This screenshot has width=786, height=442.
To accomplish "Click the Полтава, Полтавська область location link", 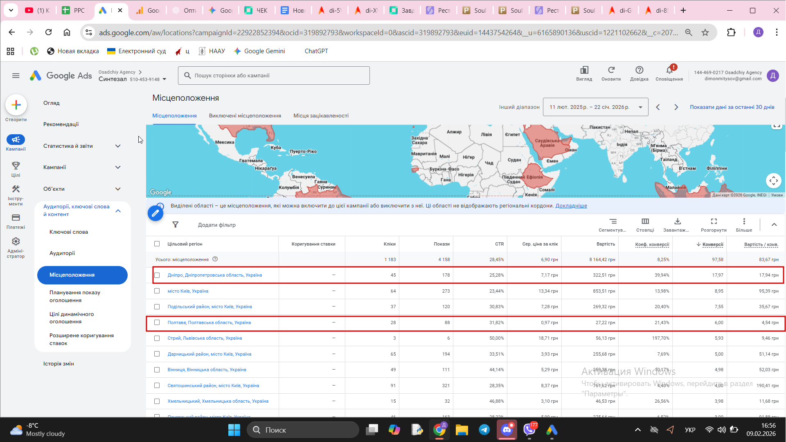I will (209, 322).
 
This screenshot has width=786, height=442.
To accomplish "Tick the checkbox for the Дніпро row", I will (157, 275).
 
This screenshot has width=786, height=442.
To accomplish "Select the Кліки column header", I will (389, 244).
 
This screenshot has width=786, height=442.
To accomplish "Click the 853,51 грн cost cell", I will (604, 291).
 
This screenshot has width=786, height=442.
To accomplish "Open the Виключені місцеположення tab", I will (245, 116).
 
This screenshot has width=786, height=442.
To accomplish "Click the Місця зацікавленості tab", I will (321, 116).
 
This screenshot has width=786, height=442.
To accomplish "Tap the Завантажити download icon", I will (677, 221).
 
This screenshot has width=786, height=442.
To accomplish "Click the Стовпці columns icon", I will (645, 221).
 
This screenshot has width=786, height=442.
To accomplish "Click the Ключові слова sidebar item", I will (69, 232).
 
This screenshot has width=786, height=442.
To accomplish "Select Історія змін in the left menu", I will (59, 363).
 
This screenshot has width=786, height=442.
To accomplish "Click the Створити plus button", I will (16, 105).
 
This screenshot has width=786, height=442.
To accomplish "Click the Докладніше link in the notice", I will (571, 206).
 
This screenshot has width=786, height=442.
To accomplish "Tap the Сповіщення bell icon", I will (669, 70).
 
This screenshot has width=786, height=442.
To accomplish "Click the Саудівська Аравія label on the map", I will (547, 143).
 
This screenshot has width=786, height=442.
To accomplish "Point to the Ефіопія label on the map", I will (534, 177).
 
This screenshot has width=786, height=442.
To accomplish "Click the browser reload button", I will (48, 32).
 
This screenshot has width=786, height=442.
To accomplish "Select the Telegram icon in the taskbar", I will (484, 430).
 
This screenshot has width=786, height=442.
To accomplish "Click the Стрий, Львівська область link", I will (205, 338).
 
